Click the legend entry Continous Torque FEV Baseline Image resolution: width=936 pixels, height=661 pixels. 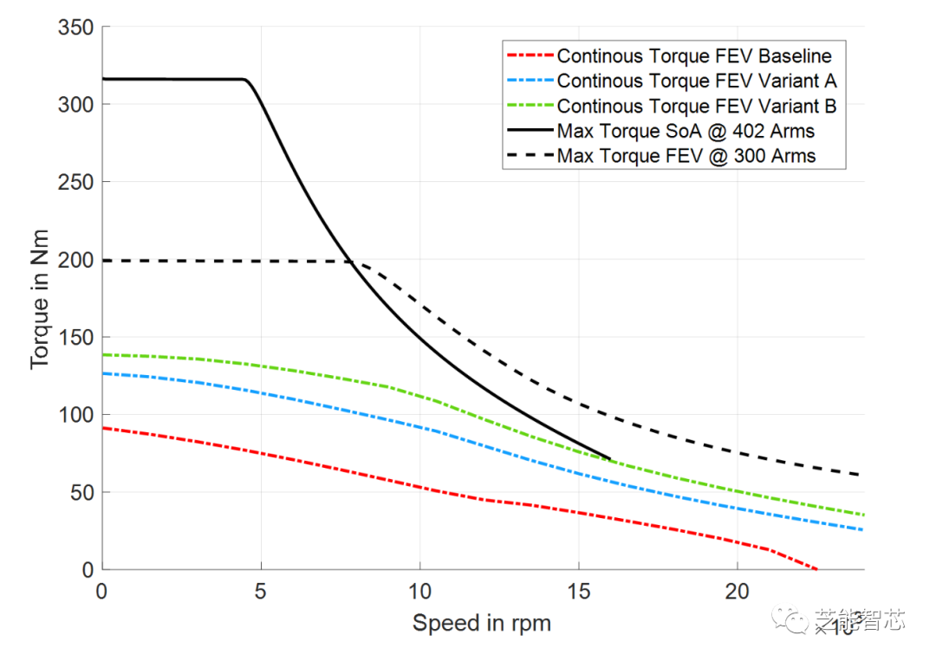[x=693, y=56]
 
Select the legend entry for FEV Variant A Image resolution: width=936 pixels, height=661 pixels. [x=696, y=81]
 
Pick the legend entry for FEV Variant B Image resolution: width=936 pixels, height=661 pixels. [x=696, y=107]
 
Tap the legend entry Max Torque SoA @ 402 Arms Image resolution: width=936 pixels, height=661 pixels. [x=685, y=132]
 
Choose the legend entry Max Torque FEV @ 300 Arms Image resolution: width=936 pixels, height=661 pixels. [x=686, y=157]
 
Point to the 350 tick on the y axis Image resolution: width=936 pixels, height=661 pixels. [x=75, y=27]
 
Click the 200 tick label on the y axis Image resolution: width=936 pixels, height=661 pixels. [x=75, y=260]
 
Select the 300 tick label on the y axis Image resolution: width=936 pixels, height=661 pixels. [x=75, y=105]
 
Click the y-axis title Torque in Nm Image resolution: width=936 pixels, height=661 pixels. [x=40, y=298]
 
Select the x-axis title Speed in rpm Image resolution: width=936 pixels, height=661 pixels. [x=481, y=623]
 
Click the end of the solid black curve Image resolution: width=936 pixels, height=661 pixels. [x=609, y=458]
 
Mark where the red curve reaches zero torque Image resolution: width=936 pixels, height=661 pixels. [x=816, y=569]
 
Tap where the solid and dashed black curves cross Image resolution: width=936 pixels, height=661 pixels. [x=352, y=262]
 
